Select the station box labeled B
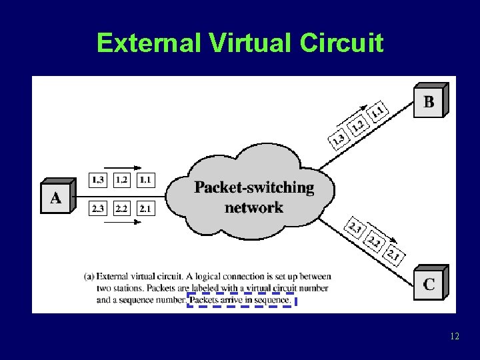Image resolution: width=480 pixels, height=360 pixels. pos(429,101)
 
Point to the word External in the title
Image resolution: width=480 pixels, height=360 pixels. pos(149,43)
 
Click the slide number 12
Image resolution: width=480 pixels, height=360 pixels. pos(454,336)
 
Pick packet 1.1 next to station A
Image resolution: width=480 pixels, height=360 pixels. pos(145,179)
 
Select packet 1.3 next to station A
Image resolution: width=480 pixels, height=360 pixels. pos(98,179)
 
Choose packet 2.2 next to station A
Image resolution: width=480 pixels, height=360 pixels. pos(121,208)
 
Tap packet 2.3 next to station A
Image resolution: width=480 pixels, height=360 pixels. pos(98,208)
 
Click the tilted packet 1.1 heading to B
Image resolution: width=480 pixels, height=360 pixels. pos(377,110)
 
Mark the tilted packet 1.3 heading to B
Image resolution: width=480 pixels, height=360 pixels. pos(339,139)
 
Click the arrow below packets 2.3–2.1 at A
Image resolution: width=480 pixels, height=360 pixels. pos(120,221)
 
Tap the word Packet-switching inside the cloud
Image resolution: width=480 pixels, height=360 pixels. pos(254,187)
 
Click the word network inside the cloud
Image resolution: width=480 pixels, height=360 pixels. pos(253,207)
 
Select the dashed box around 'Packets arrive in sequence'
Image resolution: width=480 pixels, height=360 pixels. pos(242,300)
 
